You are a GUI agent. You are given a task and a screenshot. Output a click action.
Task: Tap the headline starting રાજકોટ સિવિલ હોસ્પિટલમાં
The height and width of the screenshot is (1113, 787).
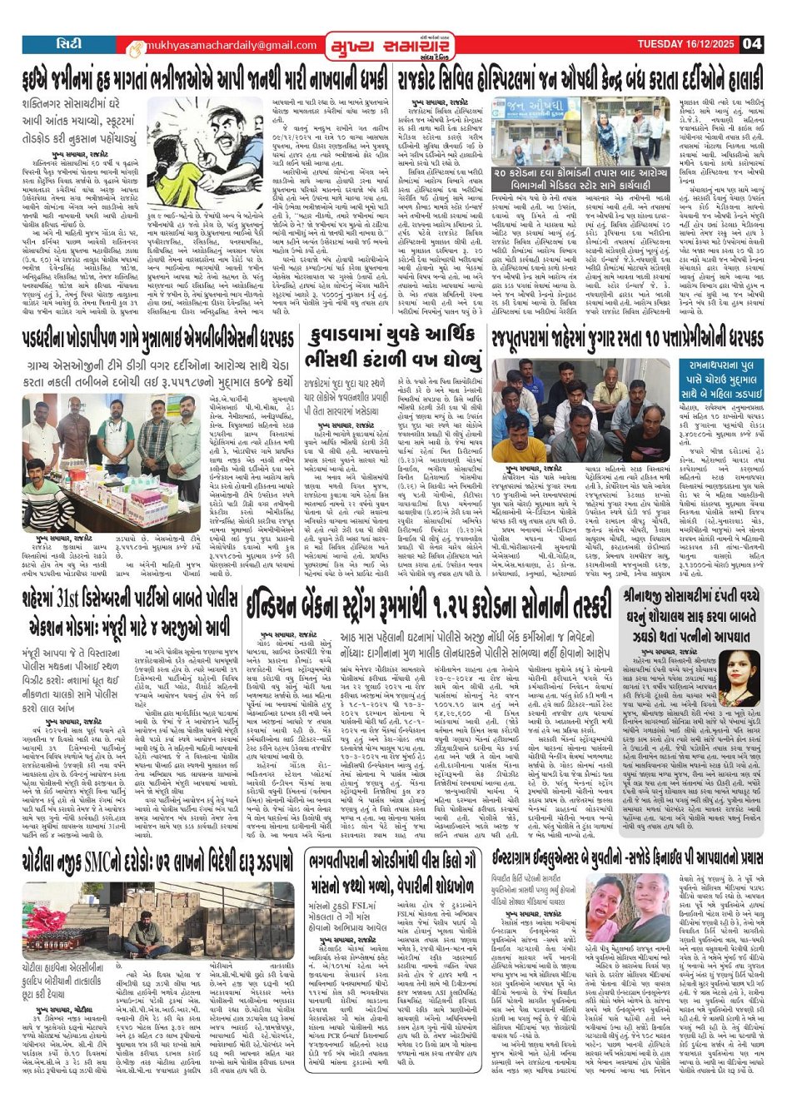tap(580, 82)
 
